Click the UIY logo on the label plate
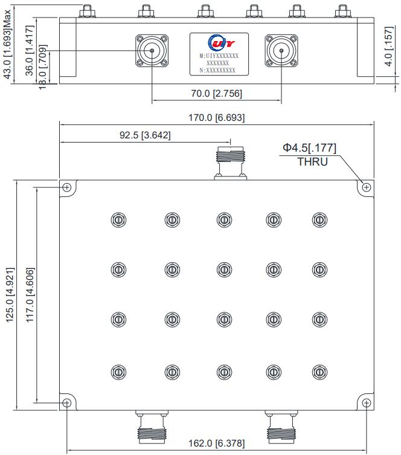(218, 43)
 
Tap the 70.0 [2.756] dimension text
(216, 94)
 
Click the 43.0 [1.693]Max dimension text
(7, 44)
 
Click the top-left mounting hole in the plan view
(66, 187)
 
